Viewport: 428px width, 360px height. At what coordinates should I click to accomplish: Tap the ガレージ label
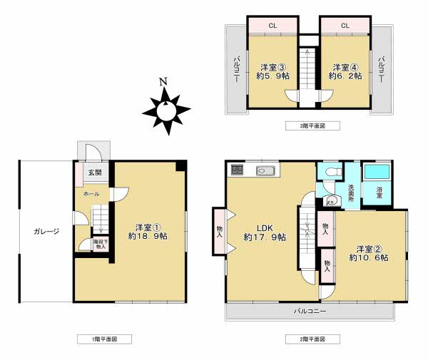pyautogui.click(x=44, y=231)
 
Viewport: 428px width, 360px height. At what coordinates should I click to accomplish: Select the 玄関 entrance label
pyautogui.click(x=94, y=173)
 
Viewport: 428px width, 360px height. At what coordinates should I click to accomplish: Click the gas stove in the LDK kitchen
pyautogui.click(x=238, y=171)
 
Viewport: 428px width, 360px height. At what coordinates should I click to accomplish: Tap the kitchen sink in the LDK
pyautogui.click(x=265, y=171)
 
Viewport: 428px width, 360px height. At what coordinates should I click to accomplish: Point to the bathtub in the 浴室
pyautogui.click(x=377, y=174)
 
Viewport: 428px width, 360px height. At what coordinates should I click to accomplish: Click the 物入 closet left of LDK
pyautogui.click(x=219, y=230)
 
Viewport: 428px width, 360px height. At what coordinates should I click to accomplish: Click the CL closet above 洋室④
pyautogui.click(x=345, y=26)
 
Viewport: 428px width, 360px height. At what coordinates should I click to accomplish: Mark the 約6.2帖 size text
pyautogui.click(x=345, y=76)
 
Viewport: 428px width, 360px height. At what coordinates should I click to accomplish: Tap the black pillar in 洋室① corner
pyautogui.click(x=181, y=165)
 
